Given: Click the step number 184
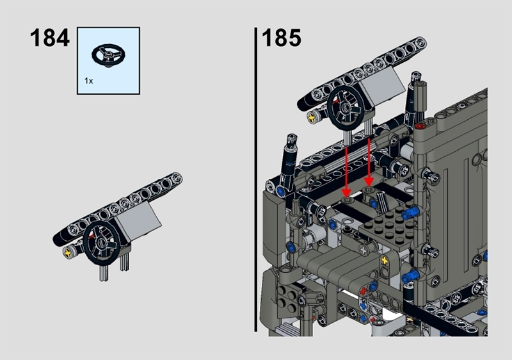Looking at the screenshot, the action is [x=50, y=38].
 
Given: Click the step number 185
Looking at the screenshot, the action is [x=282, y=38].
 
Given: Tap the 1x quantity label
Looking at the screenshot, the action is [x=88, y=81].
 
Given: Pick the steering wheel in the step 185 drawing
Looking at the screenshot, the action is [x=346, y=108].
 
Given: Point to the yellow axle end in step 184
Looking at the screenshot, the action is [x=68, y=252].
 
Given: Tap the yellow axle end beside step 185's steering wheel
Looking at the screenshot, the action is [x=312, y=117].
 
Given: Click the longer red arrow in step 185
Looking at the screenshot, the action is [x=346, y=172].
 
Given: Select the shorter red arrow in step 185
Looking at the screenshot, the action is [x=369, y=163].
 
